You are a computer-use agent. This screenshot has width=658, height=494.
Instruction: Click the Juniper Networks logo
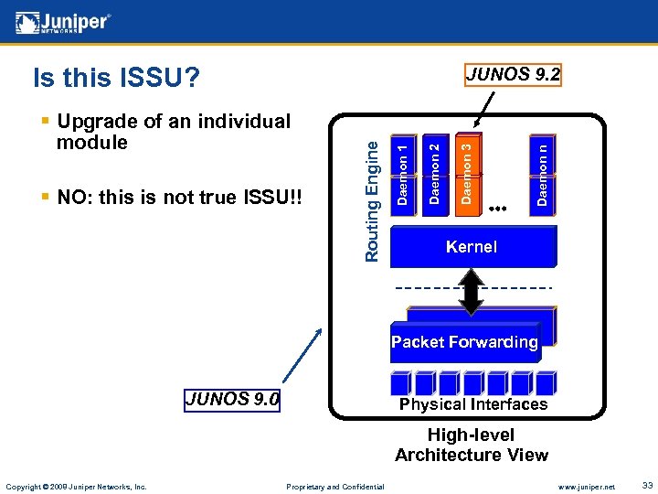pyautogui.click(x=63, y=22)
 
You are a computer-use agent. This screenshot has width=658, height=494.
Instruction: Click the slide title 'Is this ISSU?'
pyautogui.click(x=116, y=79)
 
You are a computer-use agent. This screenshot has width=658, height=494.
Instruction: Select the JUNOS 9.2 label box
pyautogui.click(x=513, y=74)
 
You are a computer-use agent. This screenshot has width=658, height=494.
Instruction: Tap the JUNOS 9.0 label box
pyautogui.click(x=233, y=400)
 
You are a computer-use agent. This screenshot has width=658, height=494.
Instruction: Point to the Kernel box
pyautogui.click(x=472, y=246)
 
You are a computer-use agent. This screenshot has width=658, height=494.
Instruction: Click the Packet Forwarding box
pyautogui.click(x=465, y=342)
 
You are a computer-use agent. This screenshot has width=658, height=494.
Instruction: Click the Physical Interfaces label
pyautogui.click(x=473, y=404)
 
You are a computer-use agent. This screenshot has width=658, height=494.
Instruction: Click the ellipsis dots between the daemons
pyautogui.click(x=498, y=209)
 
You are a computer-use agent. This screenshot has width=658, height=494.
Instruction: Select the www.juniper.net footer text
pyautogui.click(x=586, y=487)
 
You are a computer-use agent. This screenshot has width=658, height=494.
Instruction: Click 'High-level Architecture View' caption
pyautogui.click(x=472, y=445)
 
